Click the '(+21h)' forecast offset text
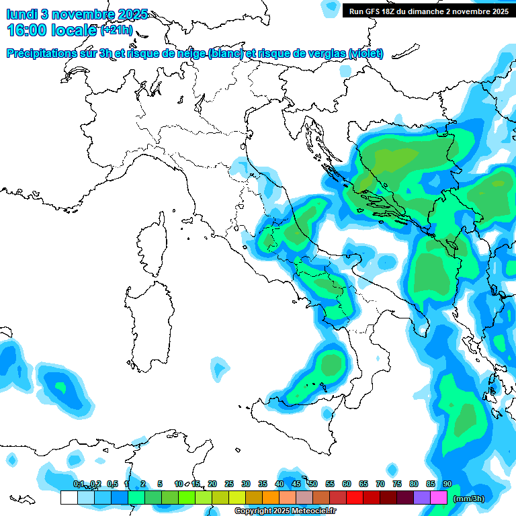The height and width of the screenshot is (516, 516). [116, 30]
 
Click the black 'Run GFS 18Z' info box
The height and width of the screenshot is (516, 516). [427, 11]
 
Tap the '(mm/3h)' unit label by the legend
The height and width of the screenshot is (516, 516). [468, 499]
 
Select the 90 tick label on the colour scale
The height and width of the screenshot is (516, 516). [447, 484]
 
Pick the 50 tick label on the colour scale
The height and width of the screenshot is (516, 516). [312, 484]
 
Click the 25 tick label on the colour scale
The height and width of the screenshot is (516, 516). [228, 484]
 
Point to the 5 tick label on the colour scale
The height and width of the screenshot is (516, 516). [160, 484]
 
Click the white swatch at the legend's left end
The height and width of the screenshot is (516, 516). [69, 498]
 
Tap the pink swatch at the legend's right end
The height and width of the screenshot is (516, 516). [439, 498]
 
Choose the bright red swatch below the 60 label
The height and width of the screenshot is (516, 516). [355, 498]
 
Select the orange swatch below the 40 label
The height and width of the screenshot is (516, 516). [271, 498]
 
